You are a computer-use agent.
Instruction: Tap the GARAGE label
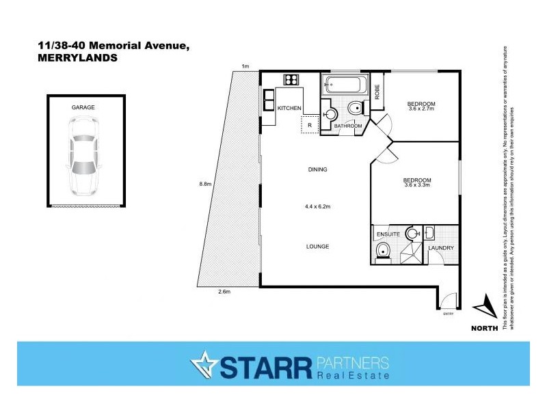click(83, 108)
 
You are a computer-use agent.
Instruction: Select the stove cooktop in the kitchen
click(293, 79)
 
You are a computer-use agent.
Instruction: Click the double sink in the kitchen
click(268, 100)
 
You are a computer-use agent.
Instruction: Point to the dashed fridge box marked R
click(310, 125)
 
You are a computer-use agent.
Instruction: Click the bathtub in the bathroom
click(345, 86)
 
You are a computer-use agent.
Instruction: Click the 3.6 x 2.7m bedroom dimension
click(421, 106)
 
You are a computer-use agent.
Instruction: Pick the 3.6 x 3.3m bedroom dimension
click(417, 183)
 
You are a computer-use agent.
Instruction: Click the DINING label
click(317, 169)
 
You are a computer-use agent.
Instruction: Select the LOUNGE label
click(318, 246)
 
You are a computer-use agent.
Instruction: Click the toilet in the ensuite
click(384, 251)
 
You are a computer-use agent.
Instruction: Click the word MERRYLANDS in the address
click(77, 58)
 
